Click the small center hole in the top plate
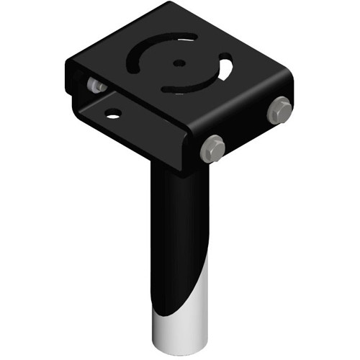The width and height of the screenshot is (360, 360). (x=178, y=63)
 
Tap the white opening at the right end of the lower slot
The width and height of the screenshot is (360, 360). (x=226, y=71)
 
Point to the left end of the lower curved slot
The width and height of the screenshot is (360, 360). (x=167, y=89)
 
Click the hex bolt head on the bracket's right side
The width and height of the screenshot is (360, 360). (x=279, y=110)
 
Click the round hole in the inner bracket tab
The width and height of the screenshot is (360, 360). (x=112, y=113)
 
